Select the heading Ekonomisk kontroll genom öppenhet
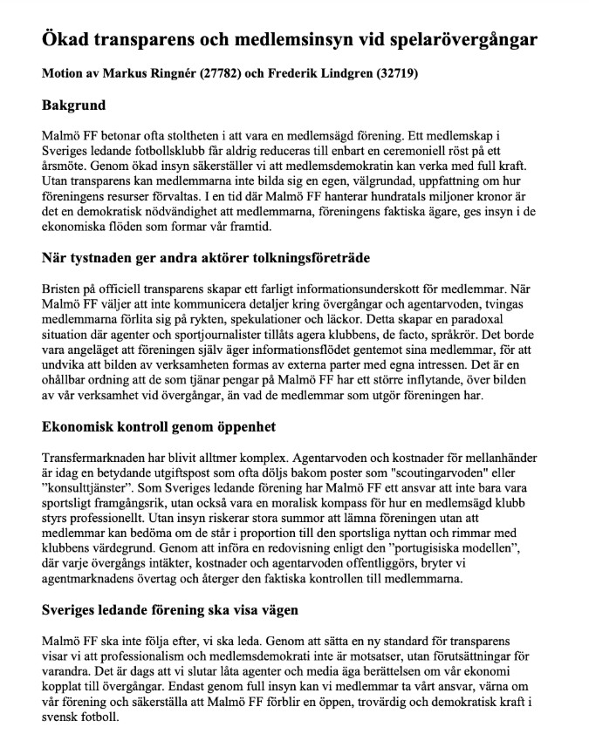pyautogui.click(x=159, y=426)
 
